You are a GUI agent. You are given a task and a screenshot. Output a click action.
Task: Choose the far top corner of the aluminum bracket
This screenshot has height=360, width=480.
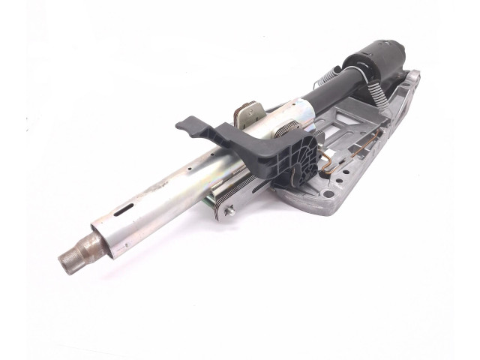[x=413, y=76]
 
